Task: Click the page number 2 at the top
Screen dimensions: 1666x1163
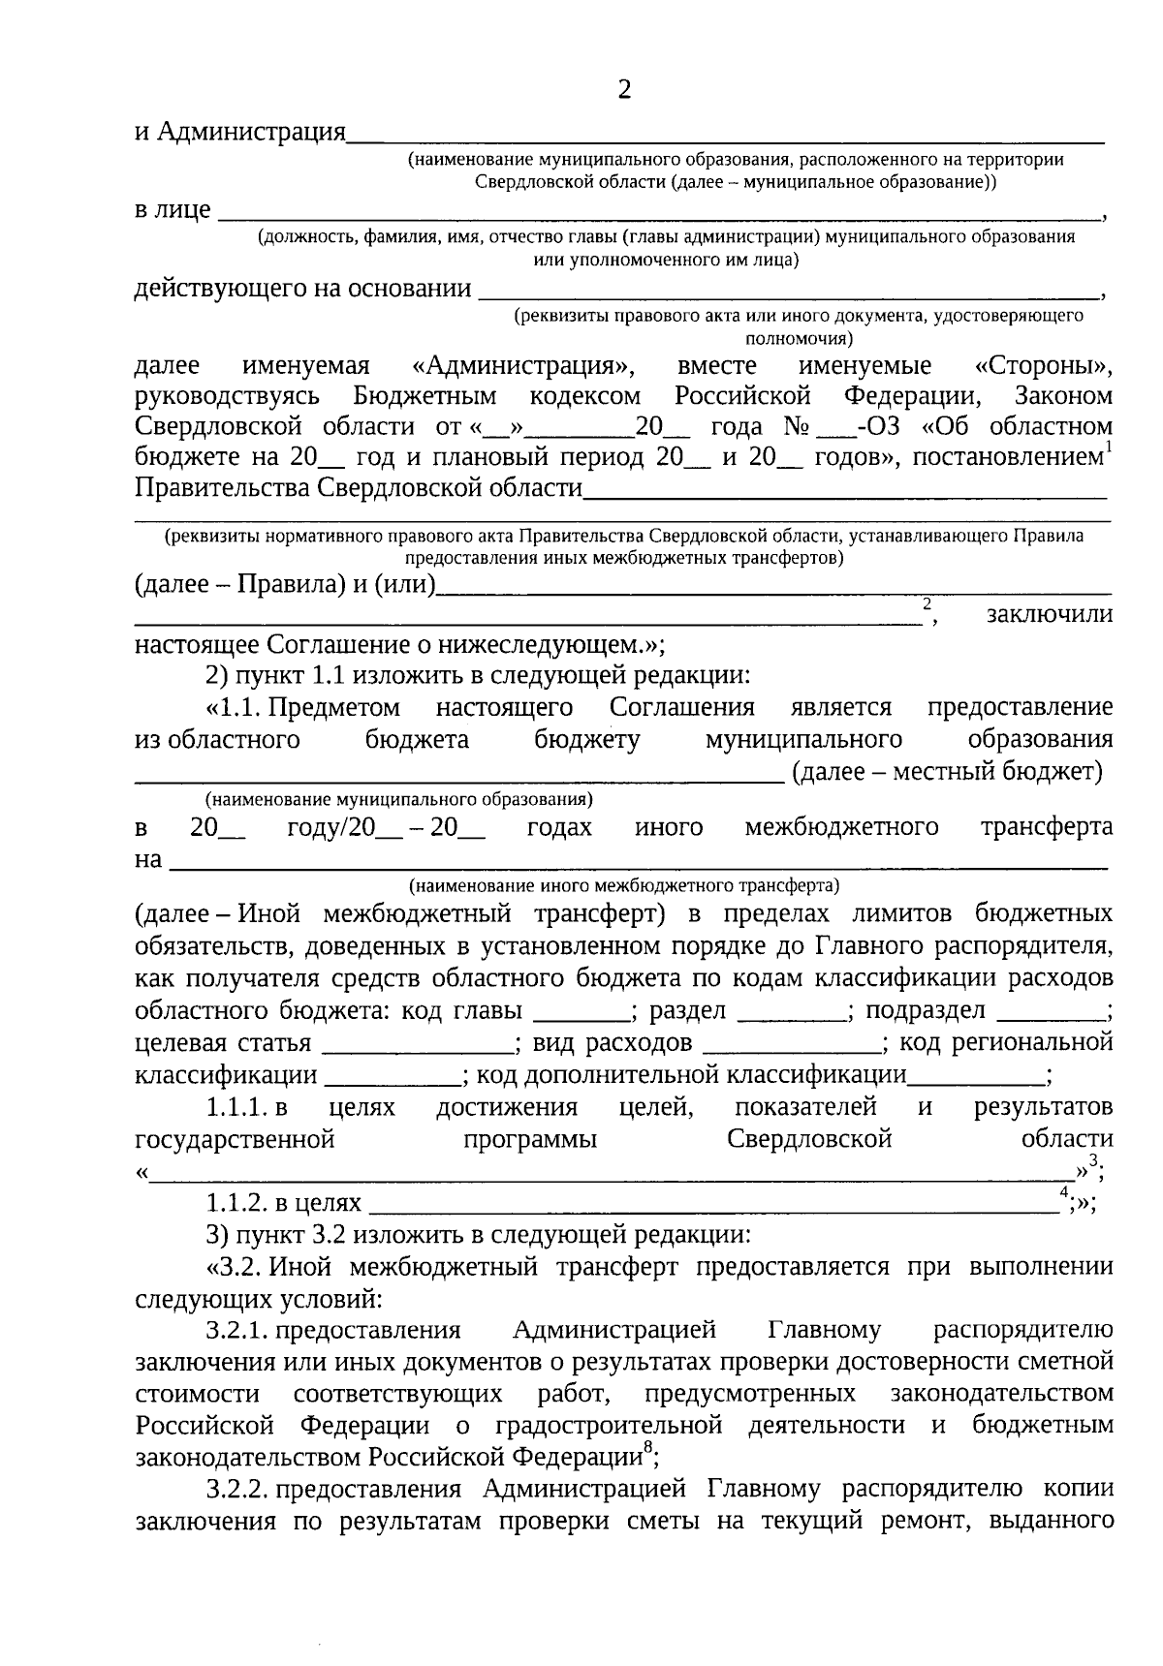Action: click(x=623, y=90)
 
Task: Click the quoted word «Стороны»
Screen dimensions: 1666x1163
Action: click(x=1043, y=366)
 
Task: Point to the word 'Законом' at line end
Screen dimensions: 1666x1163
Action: click(x=1063, y=396)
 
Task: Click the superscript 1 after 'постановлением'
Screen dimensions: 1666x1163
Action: click(x=1109, y=447)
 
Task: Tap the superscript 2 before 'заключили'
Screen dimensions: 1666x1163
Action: click(x=927, y=603)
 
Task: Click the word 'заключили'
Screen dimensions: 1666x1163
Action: click(x=1049, y=614)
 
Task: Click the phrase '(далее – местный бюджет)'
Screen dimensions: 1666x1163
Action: click(x=947, y=771)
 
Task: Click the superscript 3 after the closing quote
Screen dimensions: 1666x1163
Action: click(x=1093, y=1161)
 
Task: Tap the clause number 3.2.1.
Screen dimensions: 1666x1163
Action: click(x=237, y=1331)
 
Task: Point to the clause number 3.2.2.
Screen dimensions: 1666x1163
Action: click(x=237, y=1489)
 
